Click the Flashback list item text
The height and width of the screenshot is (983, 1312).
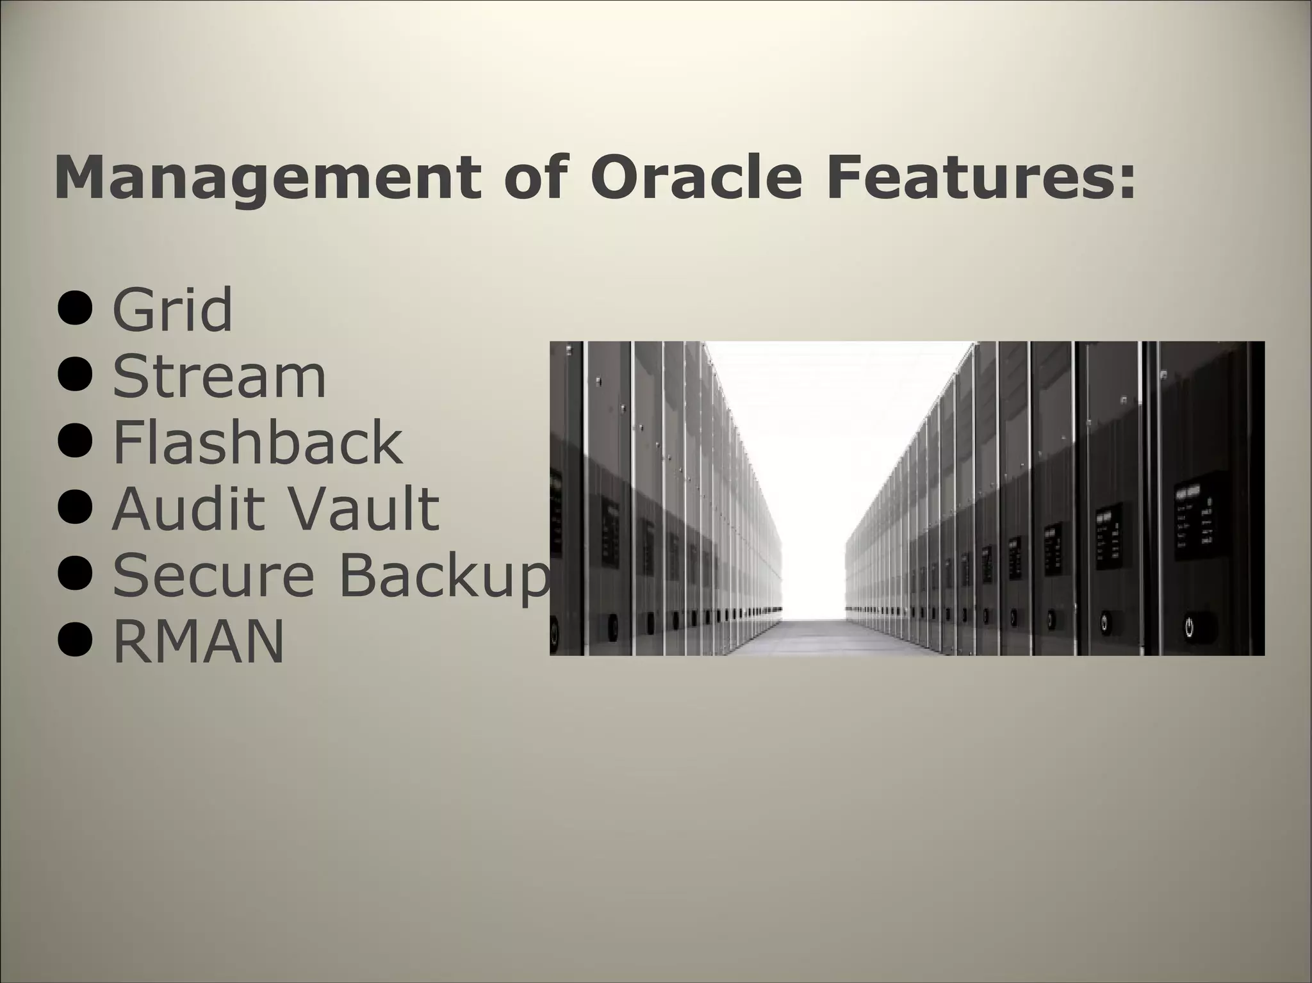[258, 442]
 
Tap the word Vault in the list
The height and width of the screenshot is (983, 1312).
[362, 508]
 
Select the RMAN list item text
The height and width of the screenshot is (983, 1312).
[198, 642]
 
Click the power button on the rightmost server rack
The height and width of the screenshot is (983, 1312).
[1189, 626]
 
